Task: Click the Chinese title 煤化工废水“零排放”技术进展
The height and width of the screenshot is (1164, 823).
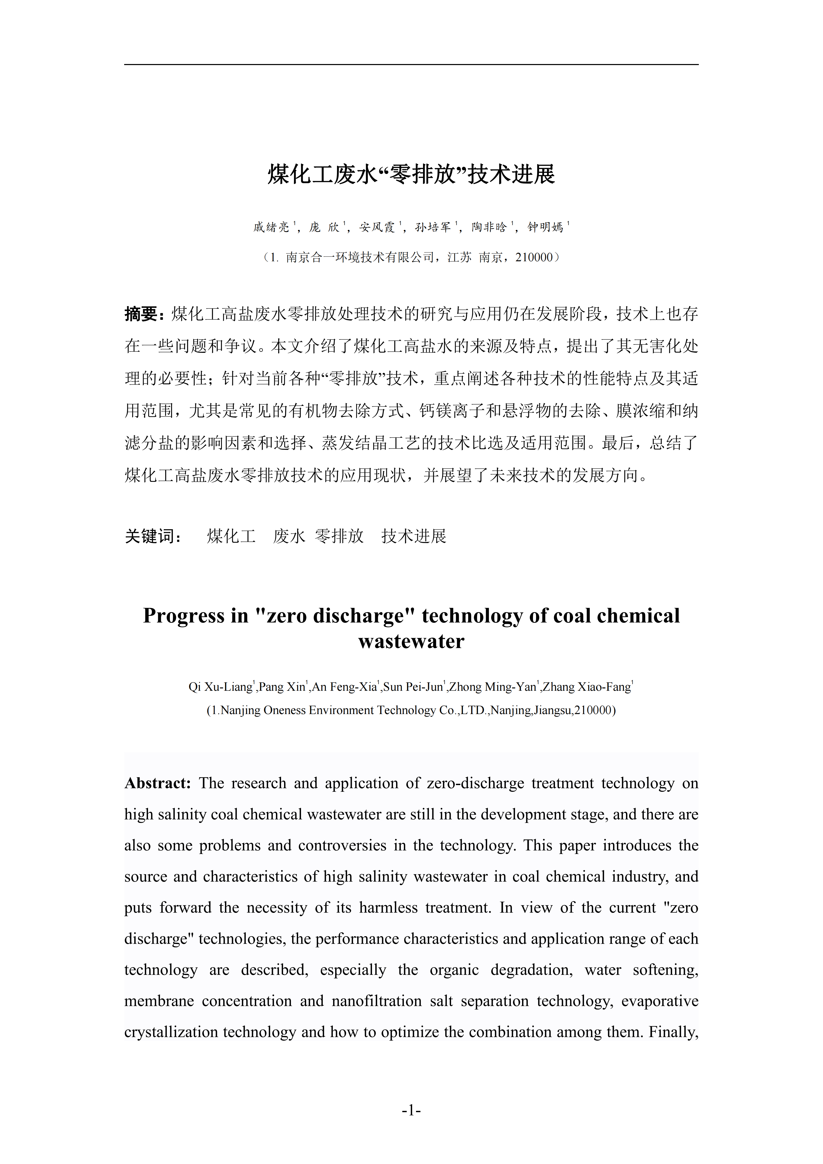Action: click(x=411, y=174)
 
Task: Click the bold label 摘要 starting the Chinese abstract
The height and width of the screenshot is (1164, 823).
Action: click(x=142, y=314)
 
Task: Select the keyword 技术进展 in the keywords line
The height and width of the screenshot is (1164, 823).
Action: click(x=414, y=536)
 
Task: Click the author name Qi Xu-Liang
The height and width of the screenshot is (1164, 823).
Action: click(x=220, y=687)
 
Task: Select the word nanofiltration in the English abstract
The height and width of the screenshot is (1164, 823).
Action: click(x=377, y=1001)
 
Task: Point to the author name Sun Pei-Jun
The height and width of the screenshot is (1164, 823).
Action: click(x=413, y=687)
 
